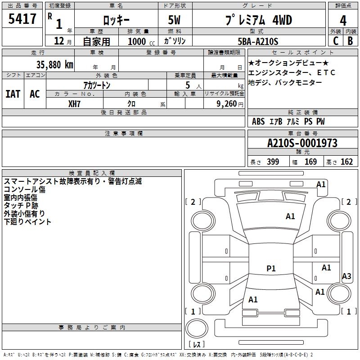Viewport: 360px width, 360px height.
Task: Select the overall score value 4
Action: [x=343, y=21]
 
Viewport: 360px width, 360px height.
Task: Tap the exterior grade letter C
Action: [x=335, y=41]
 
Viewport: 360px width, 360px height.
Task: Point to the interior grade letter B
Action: [x=351, y=41]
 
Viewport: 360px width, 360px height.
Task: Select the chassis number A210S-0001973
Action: [x=302, y=143]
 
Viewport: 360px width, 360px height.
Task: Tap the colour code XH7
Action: [x=75, y=103]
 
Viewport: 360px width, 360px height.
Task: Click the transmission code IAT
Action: [x=13, y=94]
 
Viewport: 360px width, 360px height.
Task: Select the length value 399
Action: [x=273, y=162]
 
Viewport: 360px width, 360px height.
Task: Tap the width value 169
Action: [x=310, y=162]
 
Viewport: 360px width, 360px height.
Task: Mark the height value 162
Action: [x=346, y=162]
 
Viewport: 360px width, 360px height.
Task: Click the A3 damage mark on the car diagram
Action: [x=346, y=276]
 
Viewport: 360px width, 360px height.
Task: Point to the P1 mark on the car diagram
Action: [x=271, y=269]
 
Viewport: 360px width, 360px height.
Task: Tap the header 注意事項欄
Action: [x=123, y=134]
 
